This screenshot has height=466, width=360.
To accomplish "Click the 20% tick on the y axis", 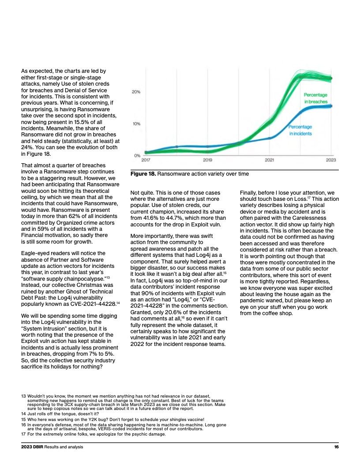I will [136, 92].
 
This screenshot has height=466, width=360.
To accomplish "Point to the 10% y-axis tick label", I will [136, 124].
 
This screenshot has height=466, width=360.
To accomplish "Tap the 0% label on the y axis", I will [137, 155].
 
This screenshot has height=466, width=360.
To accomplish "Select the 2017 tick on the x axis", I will [146, 160].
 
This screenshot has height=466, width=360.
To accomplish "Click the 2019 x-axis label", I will [207, 160].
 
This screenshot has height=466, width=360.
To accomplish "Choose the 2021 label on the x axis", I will [269, 160].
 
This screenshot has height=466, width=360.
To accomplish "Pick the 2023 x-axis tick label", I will [331, 160].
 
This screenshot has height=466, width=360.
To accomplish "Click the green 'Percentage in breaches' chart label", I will [315, 98].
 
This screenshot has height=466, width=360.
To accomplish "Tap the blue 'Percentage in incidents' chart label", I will [300, 130].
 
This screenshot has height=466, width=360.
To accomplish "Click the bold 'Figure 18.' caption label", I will [143, 174].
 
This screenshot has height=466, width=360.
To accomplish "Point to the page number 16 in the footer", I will [336, 447].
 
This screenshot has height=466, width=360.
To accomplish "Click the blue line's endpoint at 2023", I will [331, 106].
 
